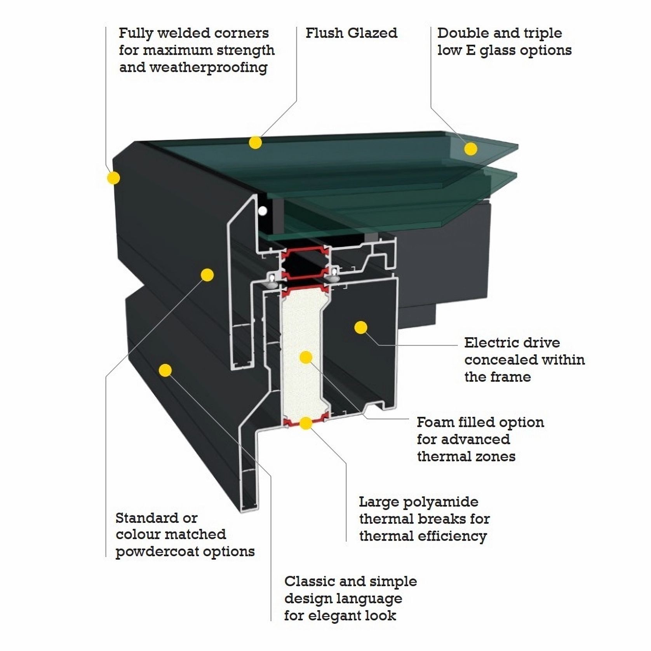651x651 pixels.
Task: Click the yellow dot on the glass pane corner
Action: [x=471, y=149]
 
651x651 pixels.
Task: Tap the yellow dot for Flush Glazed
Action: [x=255, y=143]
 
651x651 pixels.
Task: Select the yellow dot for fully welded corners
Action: [x=113, y=178]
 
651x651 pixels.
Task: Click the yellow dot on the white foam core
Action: [x=306, y=357]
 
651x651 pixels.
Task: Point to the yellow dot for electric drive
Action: [x=361, y=327]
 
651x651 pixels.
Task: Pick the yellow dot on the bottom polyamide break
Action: [x=306, y=423]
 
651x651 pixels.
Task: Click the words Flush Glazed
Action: [x=351, y=33]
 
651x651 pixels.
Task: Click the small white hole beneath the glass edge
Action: [x=263, y=211]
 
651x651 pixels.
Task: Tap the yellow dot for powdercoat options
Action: [x=207, y=275]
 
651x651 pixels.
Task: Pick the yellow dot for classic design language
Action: [x=165, y=370]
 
